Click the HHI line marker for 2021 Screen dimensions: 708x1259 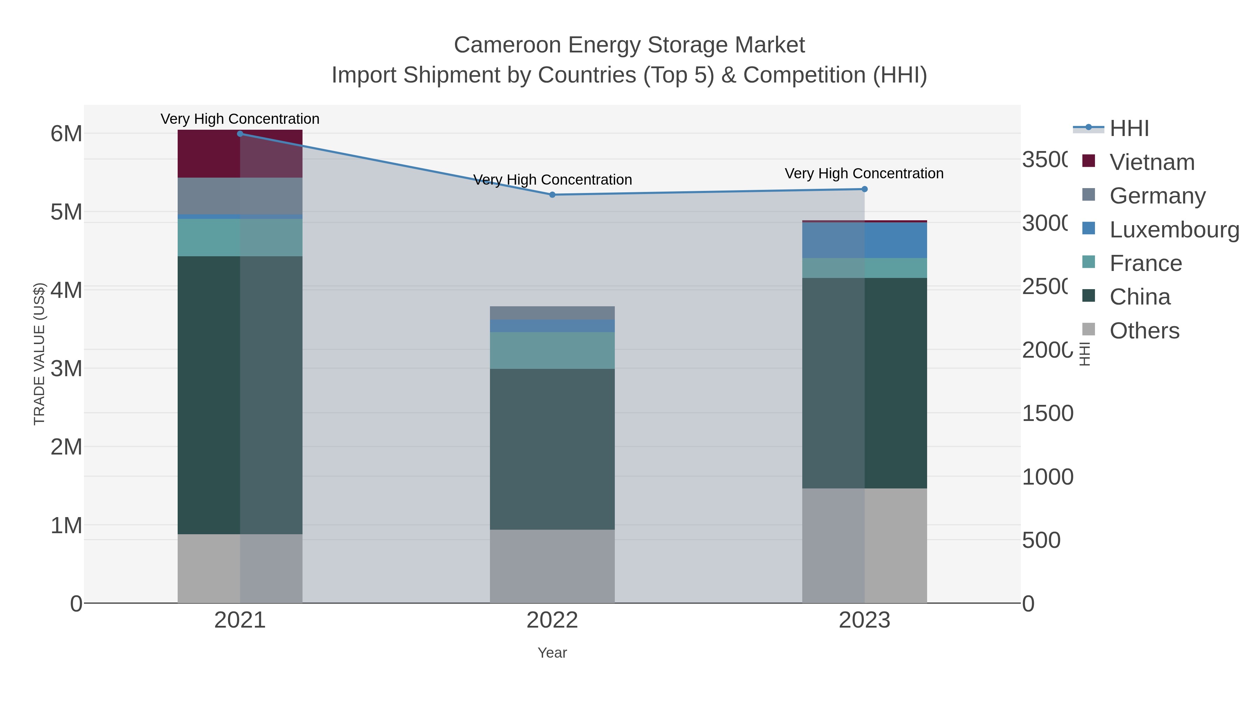[240, 134]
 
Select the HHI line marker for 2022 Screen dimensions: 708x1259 [552, 194]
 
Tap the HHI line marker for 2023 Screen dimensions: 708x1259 [864, 189]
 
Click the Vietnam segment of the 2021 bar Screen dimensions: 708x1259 [240, 154]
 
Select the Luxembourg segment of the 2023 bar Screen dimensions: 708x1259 [864, 240]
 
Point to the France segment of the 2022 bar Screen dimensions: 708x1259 [552, 350]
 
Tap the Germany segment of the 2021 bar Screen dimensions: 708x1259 [240, 195]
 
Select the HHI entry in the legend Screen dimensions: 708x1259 [1129, 129]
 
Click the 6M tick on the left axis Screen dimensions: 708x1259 [66, 134]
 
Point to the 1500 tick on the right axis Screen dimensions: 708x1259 [1047, 413]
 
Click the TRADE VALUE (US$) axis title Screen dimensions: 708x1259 [39, 354]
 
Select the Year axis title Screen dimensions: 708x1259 [552, 653]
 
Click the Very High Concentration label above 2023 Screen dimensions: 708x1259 [864, 173]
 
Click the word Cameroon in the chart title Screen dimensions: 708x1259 [506, 45]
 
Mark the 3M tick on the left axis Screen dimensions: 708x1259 [66, 369]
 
